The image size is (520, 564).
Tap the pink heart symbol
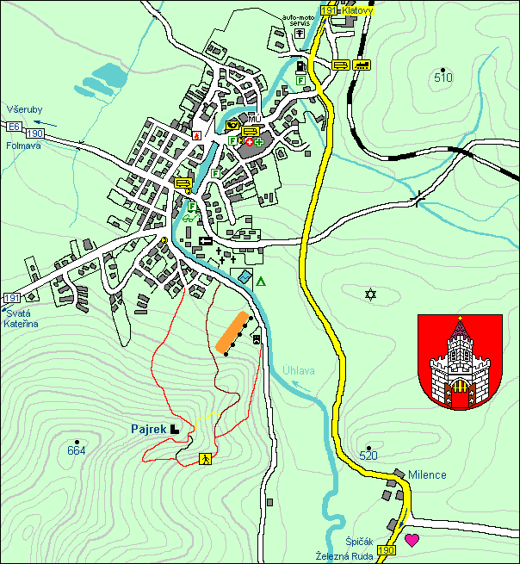point(412,540)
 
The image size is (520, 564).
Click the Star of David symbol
point(371,294)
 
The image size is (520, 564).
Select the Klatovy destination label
point(352,10)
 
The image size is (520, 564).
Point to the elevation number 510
point(443,78)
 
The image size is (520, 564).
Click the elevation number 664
point(76,449)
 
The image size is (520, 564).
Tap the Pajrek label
point(148,428)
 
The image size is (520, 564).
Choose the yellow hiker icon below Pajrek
point(206,459)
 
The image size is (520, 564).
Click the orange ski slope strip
point(229,332)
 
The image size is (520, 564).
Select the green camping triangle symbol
point(261,281)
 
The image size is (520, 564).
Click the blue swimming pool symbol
point(245,278)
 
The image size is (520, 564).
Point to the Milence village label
point(427,474)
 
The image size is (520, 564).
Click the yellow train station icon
point(362,65)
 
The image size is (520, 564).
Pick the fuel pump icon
point(300,65)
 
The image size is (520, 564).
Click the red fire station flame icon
point(197,135)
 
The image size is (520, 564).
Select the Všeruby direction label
point(20,111)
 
